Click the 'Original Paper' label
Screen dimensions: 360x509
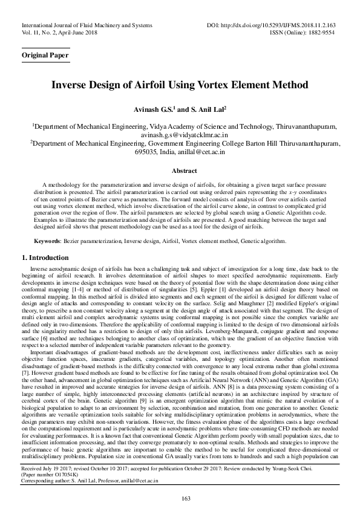45,55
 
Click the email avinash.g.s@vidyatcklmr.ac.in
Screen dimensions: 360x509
180,136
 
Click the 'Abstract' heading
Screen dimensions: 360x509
180,171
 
